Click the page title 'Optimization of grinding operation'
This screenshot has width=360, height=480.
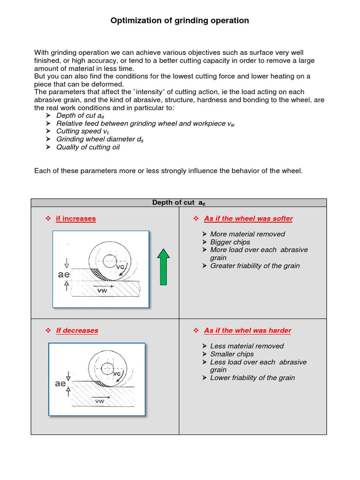pyautogui.click(x=180, y=21)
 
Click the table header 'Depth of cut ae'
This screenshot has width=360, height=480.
pyautogui.click(x=179, y=202)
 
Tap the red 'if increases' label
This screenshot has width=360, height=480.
pyautogui.click(x=75, y=218)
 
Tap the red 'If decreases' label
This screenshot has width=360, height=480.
pyautogui.click(x=77, y=330)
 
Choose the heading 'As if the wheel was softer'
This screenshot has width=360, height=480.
pyautogui.click(x=248, y=218)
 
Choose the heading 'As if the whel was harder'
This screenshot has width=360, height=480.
pyautogui.click(x=247, y=330)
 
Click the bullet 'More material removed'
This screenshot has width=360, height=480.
pyautogui.click(x=247, y=234)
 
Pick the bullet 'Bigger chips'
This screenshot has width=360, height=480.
pyautogui.click(x=230, y=242)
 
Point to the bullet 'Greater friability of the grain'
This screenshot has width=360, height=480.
pyautogui.click(x=255, y=266)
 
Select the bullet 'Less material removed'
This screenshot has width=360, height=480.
pyautogui.click(x=247, y=346)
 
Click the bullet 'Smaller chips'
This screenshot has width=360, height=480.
pyautogui.click(x=232, y=354)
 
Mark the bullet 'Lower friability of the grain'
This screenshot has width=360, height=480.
pyautogui.click(x=253, y=378)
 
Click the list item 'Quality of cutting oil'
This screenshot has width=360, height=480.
pyautogui.click(x=88, y=147)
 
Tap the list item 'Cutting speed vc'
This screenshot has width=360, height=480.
pyautogui.click(x=79, y=131)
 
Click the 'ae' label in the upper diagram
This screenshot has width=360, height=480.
pyautogui.click(x=64, y=275)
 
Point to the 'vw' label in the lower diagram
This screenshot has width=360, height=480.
pyautogui.click(x=99, y=401)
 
